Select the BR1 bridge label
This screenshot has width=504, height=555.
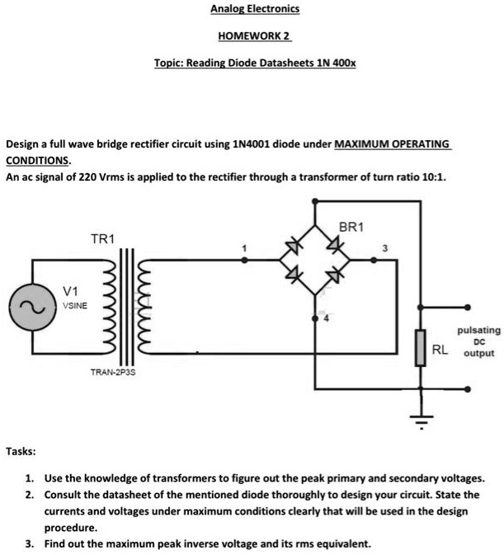[351, 226]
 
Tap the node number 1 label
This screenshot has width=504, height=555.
[243, 247]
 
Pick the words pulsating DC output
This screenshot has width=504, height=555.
[478, 341]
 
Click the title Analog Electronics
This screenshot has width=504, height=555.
[255, 9]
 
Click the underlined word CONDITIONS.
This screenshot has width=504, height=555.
[38, 160]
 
